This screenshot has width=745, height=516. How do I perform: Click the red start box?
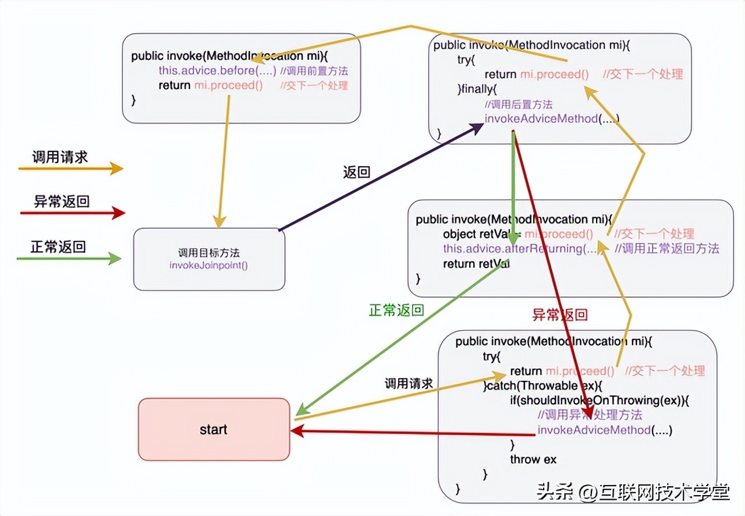click(214, 430)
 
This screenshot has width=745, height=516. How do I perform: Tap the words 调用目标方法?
click(209, 253)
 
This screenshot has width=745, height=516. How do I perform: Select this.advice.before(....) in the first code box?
click(217, 70)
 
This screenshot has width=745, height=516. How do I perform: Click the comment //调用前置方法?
click(314, 70)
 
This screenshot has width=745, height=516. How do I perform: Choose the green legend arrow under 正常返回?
click(69, 258)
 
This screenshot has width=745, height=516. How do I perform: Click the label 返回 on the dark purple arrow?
click(357, 172)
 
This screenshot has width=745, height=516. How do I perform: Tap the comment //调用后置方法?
click(518, 105)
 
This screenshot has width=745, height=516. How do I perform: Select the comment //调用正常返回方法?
click(667, 249)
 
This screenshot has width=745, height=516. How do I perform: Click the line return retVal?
click(476, 264)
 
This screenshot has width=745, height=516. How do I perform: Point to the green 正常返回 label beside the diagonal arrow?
click(396, 310)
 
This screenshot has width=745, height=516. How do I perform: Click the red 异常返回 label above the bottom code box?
click(560, 314)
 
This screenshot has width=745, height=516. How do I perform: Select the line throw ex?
click(533, 459)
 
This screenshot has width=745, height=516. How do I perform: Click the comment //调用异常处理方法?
click(590, 415)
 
